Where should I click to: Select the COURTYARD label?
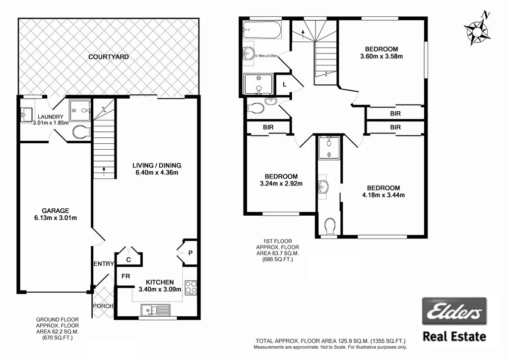click(x=109, y=57)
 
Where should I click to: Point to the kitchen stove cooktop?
click(x=190, y=287)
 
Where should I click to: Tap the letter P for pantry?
click(x=190, y=253)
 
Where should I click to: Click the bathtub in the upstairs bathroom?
click(x=261, y=30)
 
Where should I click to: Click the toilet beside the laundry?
click(x=79, y=132)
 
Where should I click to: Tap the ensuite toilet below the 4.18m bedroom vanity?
click(x=329, y=227)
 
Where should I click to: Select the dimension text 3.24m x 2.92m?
click(x=281, y=183)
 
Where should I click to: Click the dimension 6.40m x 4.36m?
click(x=156, y=173)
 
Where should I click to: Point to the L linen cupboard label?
click(x=284, y=85)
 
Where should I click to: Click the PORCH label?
click(x=103, y=306)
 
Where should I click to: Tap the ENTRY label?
click(x=104, y=264)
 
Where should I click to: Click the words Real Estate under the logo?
click(x=454, y=337)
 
